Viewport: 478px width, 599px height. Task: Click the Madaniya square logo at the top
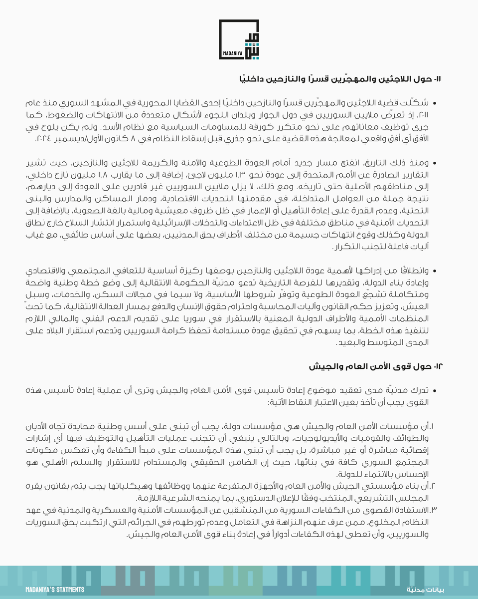pyautogui.click(x=239, y=39)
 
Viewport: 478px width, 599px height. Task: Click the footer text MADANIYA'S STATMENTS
pyautogui.click(x=55, y=590)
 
